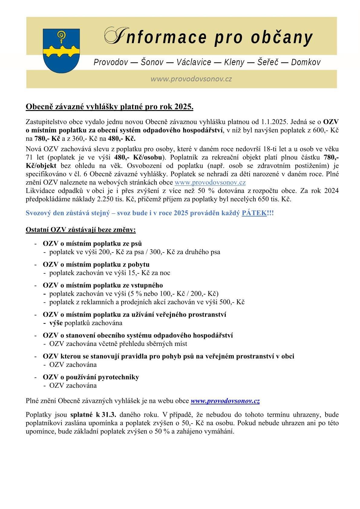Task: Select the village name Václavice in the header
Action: pyautogui.click(x=194, y=62)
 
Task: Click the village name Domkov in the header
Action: pyautogui.click(x=306, y=62)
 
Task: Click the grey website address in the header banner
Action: pyautogui.click(x=191, y=79)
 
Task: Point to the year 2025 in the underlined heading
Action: pyautogui.click(x=183, y=107)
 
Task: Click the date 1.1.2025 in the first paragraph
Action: pyautogui.click(x=272, y=122)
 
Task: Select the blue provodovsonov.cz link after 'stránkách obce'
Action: pyautogui.click(x=210, y=182)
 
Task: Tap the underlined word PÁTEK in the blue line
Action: pyautogui.click(x=254, y=213)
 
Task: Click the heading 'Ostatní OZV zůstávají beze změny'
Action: pyautogui.click(x=81, y=230)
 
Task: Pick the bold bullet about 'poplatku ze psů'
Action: pyautogui.click(x=92, y=243)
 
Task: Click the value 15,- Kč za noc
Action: pyautogui.click(x=152, y=273)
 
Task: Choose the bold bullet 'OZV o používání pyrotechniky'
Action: pyautogui.click(x=91, y=377)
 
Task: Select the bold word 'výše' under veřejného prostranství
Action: pyautogui.click(x=56, y=323)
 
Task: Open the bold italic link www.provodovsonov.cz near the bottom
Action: pyautogui.click(x=225, y=401)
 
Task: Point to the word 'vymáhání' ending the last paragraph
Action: pyautogui.click(x=221, y=431)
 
